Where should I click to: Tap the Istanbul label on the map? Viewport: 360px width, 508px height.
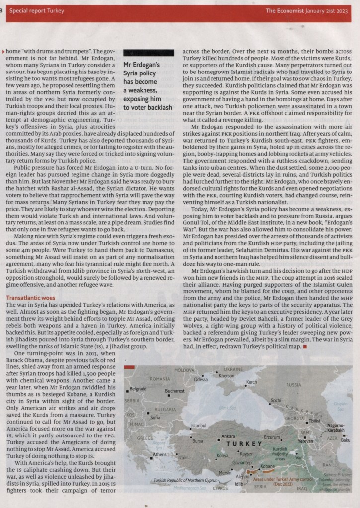198,426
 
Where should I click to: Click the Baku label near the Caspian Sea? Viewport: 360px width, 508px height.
346,440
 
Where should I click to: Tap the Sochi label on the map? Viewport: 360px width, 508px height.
276,400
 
